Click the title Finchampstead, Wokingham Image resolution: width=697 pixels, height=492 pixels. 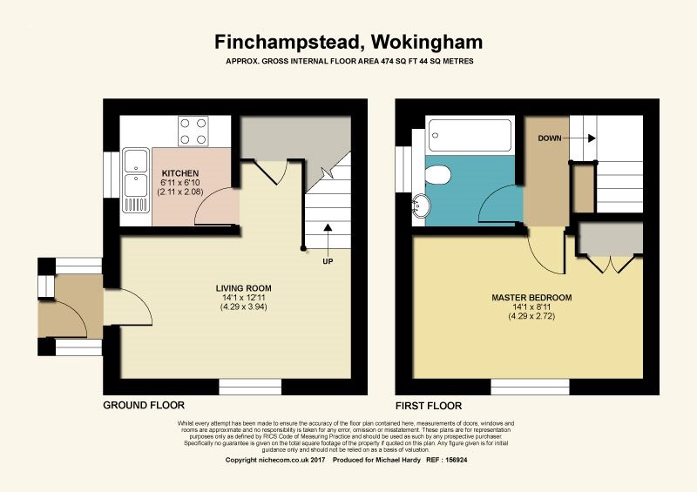point(348,42)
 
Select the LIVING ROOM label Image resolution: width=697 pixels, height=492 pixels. point(244,288)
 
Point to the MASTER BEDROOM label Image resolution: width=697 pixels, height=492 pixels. point(531,298)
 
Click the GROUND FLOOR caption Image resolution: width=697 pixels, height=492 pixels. point(144,406)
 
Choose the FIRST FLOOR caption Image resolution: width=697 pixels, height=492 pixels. point(429,406)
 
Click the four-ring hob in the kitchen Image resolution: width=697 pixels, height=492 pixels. point(193,131)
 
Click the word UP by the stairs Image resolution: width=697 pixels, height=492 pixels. point(328,261)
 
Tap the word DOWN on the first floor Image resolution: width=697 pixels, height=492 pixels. point(550,138)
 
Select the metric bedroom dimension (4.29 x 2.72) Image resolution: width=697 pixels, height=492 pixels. point(531,316)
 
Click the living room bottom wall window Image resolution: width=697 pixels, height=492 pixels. point(244,387)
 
